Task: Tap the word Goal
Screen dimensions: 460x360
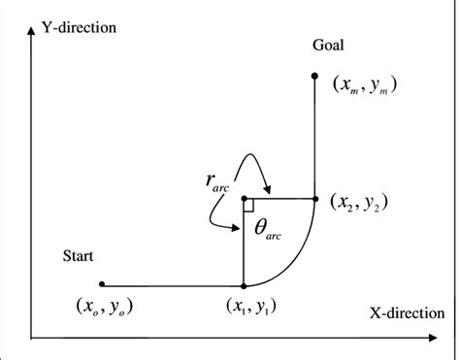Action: click(x=328, y=46)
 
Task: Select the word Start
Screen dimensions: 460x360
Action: click(x=79, y=256)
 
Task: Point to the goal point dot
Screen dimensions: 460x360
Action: click(x=314, y=75)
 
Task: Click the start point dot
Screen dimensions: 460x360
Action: click(x=102, y=285)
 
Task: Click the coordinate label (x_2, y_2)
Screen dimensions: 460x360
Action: click(x=360, y=202)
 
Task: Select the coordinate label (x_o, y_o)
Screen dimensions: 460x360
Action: click(x=101, y=307)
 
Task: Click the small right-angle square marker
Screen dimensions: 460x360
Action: click(x=248, y=204)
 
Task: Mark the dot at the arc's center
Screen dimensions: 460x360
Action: click(x=244, y=198)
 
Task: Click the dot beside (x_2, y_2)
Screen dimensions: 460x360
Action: click(x=314, y=198)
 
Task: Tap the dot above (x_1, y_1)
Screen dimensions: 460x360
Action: click(x=244, y=285)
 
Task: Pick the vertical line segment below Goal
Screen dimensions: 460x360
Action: click(x=314, y=136)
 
